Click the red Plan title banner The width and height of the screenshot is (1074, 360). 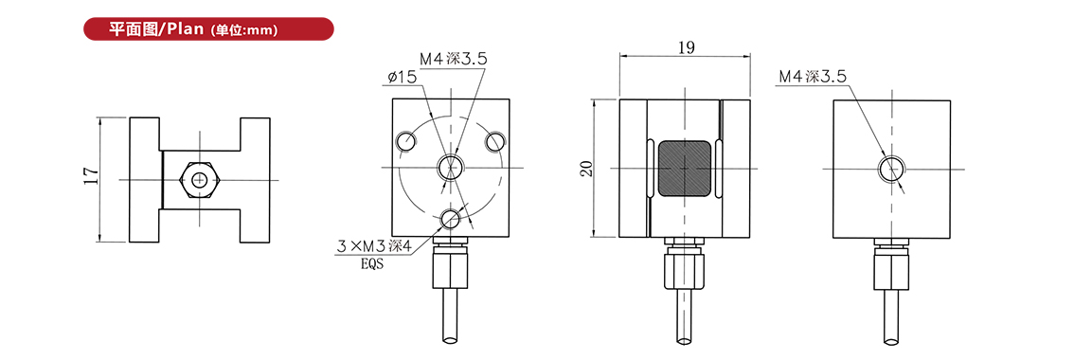[x=208, y=29]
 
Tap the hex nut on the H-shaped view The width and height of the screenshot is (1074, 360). [x=199, y=180]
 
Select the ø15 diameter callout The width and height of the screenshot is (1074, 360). [x=402, y=79]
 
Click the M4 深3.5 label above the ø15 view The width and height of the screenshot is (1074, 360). [x=453, y=59]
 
